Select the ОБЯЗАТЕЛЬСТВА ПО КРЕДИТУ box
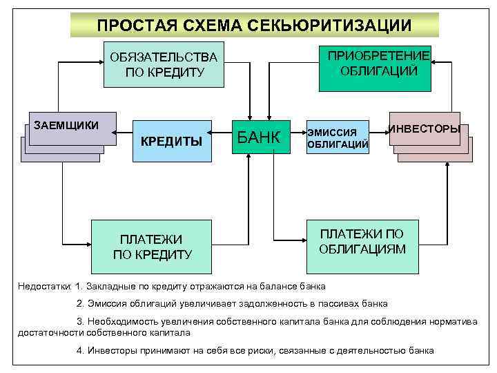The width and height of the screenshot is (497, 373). (x=164, y=64)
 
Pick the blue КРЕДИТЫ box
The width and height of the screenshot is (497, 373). (x=171, y=141)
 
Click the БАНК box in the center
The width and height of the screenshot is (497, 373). (x=259, y=137)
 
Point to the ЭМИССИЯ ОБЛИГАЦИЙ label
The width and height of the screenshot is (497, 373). (x=337, y=138)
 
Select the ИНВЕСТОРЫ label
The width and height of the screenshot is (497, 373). (x=425, y=129)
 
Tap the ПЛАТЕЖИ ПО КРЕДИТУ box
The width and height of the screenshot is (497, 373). (x=151, y=246)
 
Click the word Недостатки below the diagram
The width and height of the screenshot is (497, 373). (x=45, y=286)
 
